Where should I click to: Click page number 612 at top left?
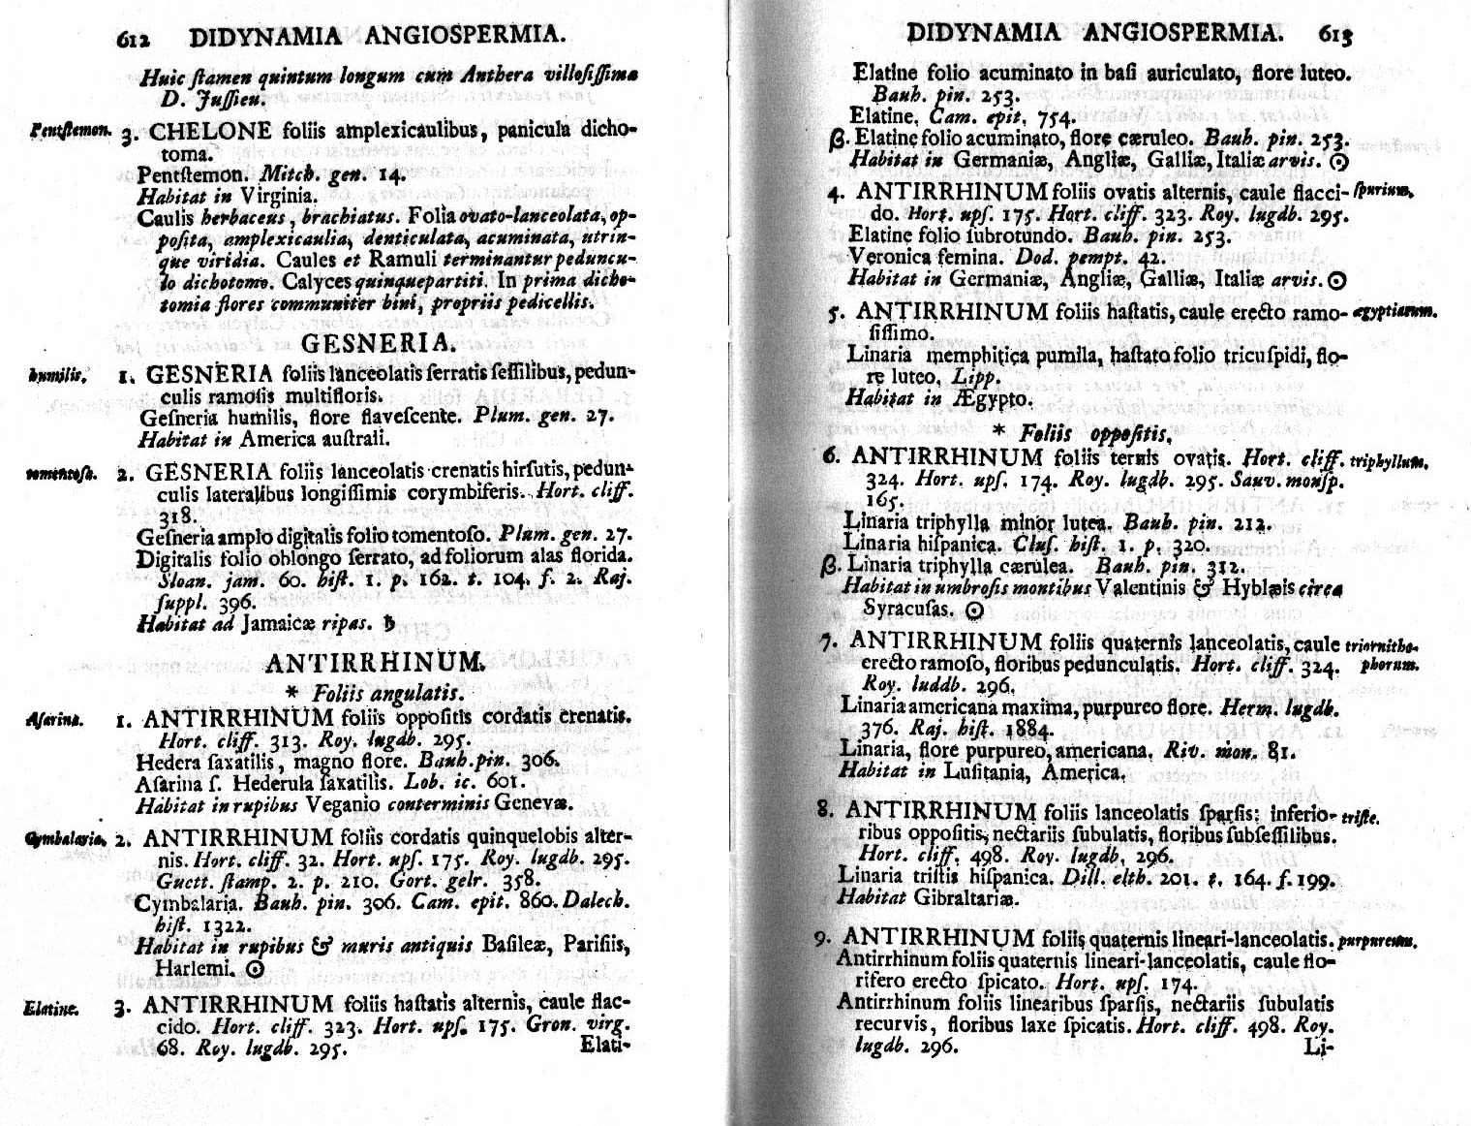(x=135, y=39)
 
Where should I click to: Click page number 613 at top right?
(x=1334, y=35)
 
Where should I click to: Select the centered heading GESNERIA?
(x=378, y=343)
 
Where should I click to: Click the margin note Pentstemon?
(x=59, y=129)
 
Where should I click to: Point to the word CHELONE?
(x=201, y=130)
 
